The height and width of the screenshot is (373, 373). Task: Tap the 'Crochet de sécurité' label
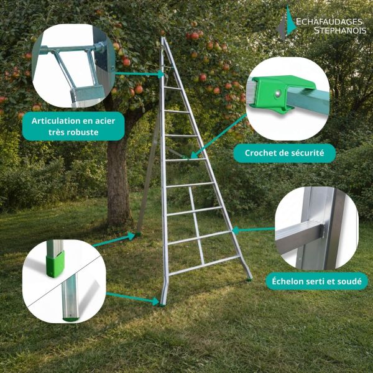click(x=280, y=153)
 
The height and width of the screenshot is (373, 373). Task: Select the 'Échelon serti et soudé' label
click(x=316, y=281)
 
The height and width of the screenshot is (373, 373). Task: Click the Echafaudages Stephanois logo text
click(x=329, y=25)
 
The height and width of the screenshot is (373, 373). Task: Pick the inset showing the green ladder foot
click(x=64, y=280)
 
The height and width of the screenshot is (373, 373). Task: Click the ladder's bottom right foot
click(x=250, y=278)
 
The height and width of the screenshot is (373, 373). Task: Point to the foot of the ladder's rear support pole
click(x=137, y=234)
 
